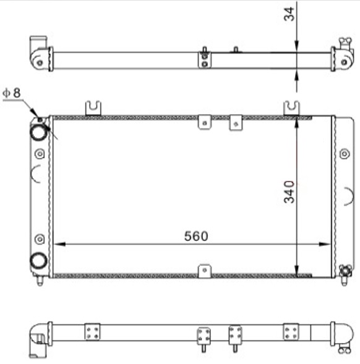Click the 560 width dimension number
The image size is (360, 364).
tap(196, 236)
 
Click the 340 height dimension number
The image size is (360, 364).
tap(289, 192)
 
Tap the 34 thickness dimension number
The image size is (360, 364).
tap(289, 14)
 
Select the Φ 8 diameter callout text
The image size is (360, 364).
tap(12, 93)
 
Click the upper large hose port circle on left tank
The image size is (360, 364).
tap(38, 132)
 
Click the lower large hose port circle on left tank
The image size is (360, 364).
tap(38, 261)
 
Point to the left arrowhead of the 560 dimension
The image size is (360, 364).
tap(59, 244)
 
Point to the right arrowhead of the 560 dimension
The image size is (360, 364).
tap(325, 244)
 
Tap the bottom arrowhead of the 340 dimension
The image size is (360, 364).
tap(296, 271)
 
